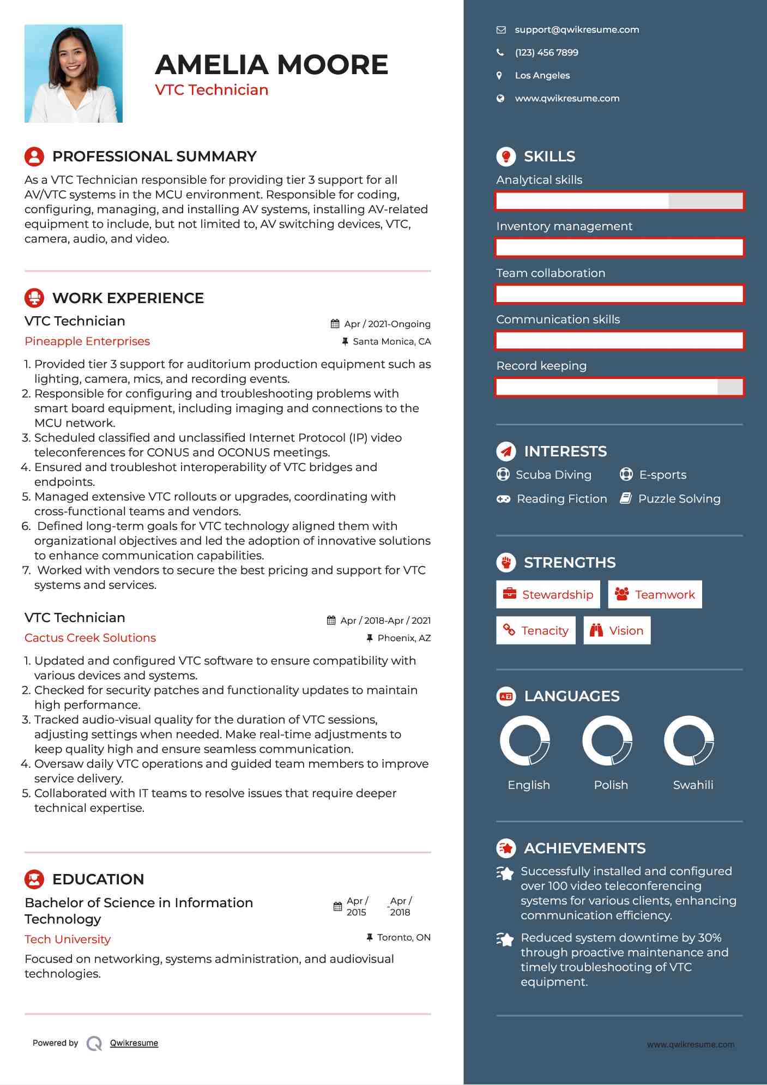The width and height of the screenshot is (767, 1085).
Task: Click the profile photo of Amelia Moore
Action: coord(74,74)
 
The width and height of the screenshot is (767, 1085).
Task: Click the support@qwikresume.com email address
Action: coord(577,30)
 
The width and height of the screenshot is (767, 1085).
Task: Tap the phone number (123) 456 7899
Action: coord(546,53)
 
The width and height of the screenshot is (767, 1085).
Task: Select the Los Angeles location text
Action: coord(542,76)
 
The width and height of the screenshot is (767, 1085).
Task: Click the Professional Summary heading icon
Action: coord(34,156)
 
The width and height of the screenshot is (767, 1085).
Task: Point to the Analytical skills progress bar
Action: coord(619,201)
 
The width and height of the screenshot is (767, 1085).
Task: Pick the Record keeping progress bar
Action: coord(619,387)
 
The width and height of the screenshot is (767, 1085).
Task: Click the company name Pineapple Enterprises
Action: coord(87,341)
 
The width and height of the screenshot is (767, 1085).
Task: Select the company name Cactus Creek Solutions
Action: coord(90,638)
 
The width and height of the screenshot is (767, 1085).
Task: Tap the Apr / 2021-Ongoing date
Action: coord(387,324)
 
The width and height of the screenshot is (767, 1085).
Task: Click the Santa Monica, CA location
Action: coord(391,342)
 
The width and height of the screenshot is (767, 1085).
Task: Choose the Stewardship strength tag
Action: coord(548,594)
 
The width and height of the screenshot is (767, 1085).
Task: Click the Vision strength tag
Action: coord(617,631)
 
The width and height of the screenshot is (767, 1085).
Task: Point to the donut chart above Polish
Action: coord(607,741)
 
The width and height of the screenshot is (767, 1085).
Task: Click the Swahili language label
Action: coord(693,785)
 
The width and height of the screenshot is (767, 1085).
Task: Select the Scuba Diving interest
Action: coord(553,475)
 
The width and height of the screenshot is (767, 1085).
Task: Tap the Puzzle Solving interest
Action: coord(679,499)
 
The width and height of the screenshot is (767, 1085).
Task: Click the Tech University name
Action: coord(68,939)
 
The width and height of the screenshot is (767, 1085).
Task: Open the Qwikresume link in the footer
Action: coord(134,1043)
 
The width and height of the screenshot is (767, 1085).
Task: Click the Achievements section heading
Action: coord(584,848)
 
